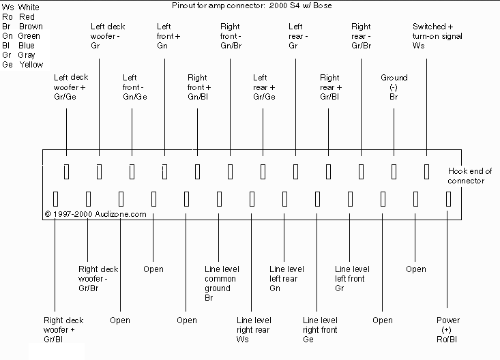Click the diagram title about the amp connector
[252, 5]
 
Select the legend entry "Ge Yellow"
[23, 64]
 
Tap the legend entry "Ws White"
[20, 7]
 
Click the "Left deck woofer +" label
[71, 87]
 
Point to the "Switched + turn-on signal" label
[437, 36]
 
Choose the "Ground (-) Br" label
[394, 87]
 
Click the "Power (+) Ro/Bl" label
[447, 330]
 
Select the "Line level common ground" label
[222, 284]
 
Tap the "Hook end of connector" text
[470, 176]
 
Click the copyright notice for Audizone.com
[95, 214]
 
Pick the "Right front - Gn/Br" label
[231, 36]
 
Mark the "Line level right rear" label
[254, 330]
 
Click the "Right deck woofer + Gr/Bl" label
[63, 330]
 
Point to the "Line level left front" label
[352, 279]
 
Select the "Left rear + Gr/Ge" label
[264, 87]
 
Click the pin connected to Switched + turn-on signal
[426, 172]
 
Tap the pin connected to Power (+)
[448, 199]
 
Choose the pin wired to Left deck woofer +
[66, 172]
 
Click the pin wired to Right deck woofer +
[55, 199]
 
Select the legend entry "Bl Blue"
[18, 45]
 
